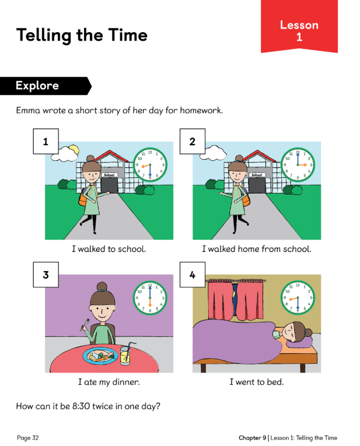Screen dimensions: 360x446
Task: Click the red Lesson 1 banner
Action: (x=299, y=26)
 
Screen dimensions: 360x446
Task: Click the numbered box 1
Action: (x=46, y=141)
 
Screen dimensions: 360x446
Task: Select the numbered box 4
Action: (x=193, y=275)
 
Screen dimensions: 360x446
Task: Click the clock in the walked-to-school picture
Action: (x=150, y=164)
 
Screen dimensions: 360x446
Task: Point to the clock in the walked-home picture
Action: (x=298, y=164)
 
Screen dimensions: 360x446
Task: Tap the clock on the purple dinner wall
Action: (x=150, y=298)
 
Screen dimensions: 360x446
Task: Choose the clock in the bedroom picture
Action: (x=298, y=298)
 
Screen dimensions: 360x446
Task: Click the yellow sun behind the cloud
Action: (x=74, y=149)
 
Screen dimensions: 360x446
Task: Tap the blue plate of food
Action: (x=100, y=356)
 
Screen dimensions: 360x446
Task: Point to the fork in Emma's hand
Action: (x=85, y=324)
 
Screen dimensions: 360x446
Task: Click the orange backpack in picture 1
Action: (x=83, y=197)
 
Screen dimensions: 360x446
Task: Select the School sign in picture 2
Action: (x=257, y=175)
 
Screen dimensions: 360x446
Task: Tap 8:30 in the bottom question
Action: (x=81, y=406)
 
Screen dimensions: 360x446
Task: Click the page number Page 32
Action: (x=27, y=438)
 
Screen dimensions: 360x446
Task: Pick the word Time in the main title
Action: (x=128, y=35)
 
